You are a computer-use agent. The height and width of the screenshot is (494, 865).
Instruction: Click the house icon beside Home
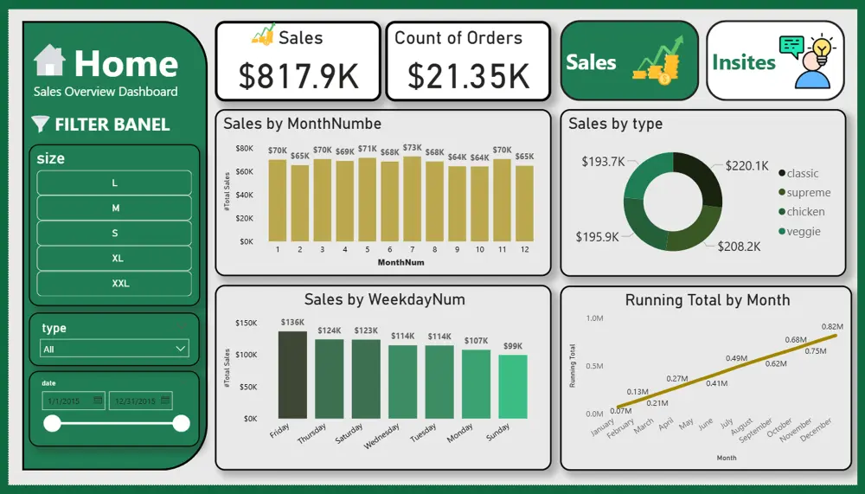pos(49,61)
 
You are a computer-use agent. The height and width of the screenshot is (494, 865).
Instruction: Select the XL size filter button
pos(114,258)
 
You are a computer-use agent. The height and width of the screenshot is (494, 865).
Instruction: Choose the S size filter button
pos(114,233)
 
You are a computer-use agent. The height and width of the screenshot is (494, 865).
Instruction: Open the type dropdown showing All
pos(114,349)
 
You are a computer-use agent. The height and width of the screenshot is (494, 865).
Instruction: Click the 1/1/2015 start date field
pos(73,401)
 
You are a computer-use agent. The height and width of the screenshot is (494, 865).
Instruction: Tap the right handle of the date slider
pos(181,423)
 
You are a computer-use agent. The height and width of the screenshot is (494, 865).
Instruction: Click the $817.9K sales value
pos(298,76)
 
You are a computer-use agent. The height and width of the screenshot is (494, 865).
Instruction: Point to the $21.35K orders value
pos(468,76)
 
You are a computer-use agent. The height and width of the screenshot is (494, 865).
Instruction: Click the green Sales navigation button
pos(629,61)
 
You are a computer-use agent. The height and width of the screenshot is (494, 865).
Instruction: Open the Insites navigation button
pos(775,61)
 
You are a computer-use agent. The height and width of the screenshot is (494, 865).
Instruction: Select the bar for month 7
pos(412,198)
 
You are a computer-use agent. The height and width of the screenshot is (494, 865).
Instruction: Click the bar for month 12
pos(524,202)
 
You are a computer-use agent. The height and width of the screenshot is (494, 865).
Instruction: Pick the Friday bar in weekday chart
pos(292,375)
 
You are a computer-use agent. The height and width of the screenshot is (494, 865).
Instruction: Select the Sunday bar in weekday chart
pos(512,386)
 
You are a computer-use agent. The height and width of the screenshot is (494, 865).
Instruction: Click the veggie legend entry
pos(803,231)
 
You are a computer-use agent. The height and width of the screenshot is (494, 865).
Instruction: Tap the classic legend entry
pos(802,173)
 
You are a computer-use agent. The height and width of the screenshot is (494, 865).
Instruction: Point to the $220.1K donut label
pos(746,165)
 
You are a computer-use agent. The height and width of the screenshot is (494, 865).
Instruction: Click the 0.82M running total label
pos(833,325)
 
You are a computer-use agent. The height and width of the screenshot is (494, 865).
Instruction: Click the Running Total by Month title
pos(707,300)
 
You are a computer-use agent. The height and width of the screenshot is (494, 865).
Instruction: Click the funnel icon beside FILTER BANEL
pos(40,124)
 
